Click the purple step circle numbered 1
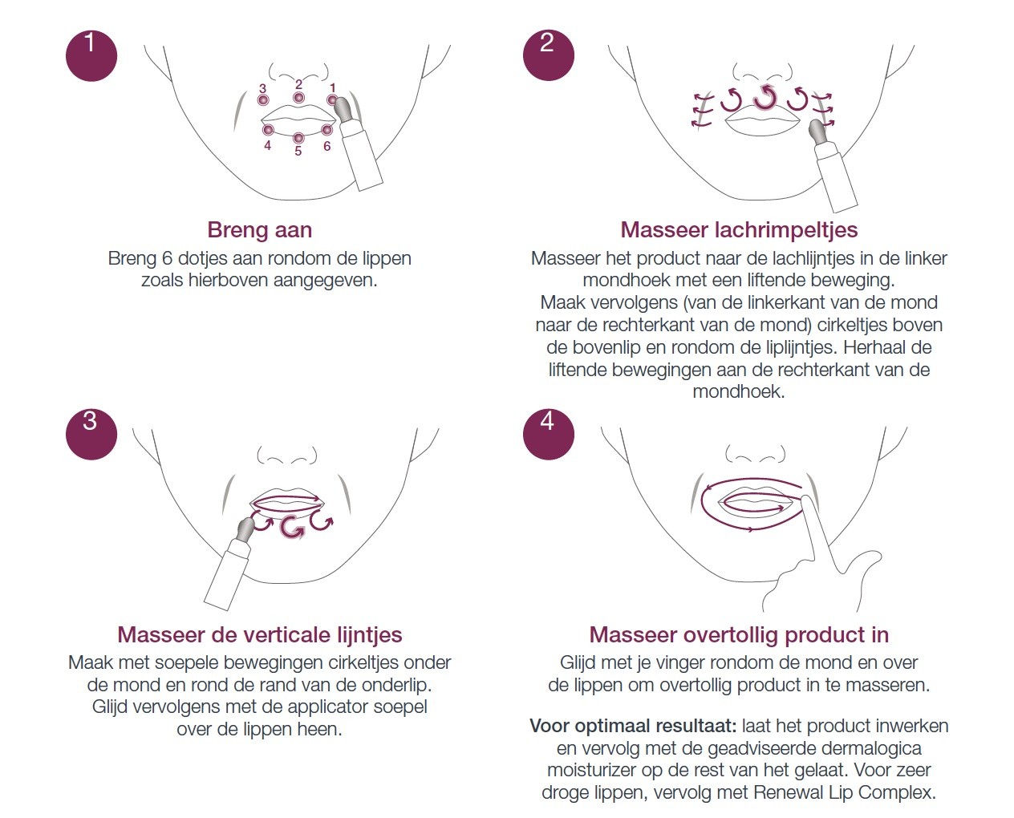click(x=91, y=55)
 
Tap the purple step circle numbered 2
click(x=549, y=55)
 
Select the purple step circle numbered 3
click(x=91, y=434)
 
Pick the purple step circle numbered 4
click(x=549, y=434)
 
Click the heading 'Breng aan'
click(x=260, y=230)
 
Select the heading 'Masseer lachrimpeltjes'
click(x=739, y=230)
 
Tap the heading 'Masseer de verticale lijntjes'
click(x=260, y=634)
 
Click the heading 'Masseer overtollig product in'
click(x=739, y=634)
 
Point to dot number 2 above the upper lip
click(x=298, y=98)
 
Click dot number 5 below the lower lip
click(x=298, y=138)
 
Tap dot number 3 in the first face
click(x=263, y=99)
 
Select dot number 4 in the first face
click(x=268, y=130)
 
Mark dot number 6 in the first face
click(x=327, y=130)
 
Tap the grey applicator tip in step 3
click(x=245, y=529)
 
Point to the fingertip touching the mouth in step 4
click(x=805, y=501)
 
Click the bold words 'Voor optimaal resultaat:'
click(x=633, y=726)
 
